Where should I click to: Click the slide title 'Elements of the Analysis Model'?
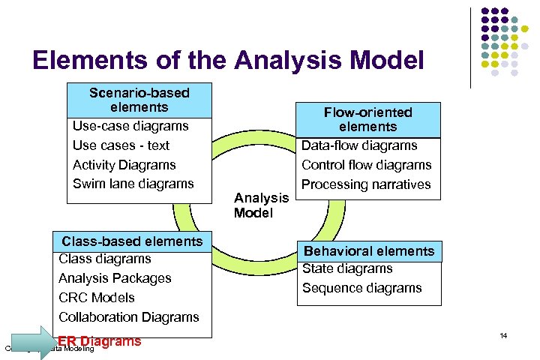point(228,59)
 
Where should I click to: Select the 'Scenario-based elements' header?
point(139,100)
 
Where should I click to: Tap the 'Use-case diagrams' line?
point(130,126)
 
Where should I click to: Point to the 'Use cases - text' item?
point(121,145)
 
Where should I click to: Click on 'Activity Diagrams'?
point(124,165)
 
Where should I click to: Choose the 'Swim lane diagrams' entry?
point(133,184)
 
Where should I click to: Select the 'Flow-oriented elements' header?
point(367,119)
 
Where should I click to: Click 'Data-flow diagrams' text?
point(359,145)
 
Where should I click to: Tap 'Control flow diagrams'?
point(366,165)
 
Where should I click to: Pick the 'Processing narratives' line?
point(366,184)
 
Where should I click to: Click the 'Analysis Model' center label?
point(261,205)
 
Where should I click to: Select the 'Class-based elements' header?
point(132,241)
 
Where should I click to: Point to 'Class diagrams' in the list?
point(105,259)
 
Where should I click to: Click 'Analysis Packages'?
point(115,278)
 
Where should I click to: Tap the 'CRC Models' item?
point(97,298)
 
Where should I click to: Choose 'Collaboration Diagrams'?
point(129,317)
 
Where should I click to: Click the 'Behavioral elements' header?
point(368,251)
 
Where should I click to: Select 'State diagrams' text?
point(347,268)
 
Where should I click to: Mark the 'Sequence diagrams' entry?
point(362,288)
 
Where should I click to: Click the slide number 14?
point(503,335)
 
